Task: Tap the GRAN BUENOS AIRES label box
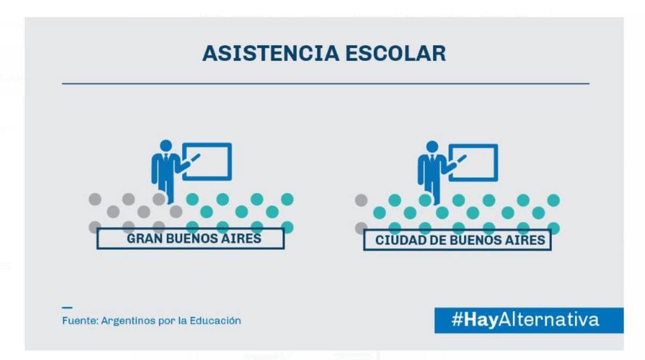[190, 239]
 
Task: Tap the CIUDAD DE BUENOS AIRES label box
[457, 240]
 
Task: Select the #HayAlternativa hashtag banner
[529, 320]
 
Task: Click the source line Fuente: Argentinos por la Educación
[152, 321]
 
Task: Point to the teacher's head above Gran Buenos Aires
[166, 146]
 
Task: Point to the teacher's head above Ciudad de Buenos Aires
[432, 146]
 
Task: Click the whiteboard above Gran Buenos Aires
[207, 161]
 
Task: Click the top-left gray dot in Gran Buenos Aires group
[95, 199]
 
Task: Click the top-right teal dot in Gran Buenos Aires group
[288, 199]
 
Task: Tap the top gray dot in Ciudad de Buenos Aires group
[361, 200]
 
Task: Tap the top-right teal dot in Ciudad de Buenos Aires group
[553, 200]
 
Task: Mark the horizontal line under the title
[325, 84]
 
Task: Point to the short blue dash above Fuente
[67, 307]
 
